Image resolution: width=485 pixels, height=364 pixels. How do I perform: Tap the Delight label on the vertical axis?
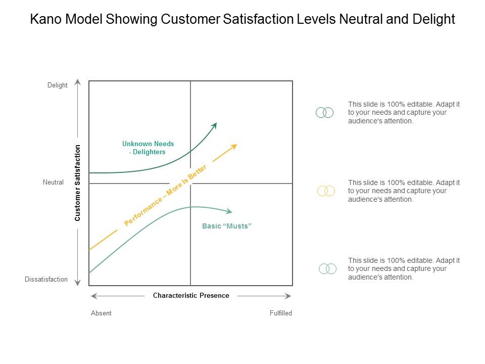click(x=58, y=85)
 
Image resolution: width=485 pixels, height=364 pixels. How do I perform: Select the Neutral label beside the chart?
click(x=53, y=183)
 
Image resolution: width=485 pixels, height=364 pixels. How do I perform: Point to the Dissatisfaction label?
click(x=46, y=279)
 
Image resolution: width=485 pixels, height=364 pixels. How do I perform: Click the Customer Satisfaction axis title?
click(x=78, y=183)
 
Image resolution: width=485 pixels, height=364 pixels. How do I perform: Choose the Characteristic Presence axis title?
click(x=191, y=296)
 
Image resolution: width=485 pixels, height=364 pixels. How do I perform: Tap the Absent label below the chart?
click(x=101, y=313)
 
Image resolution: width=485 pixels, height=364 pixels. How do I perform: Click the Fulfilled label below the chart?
click(x=281, y=313)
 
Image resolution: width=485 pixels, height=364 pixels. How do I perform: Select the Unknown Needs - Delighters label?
click(x=148, y=148)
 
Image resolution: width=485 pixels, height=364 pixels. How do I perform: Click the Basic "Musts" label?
click(x=226, y=226)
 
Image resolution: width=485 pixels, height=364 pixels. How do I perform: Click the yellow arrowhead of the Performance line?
click(x=234, y=146)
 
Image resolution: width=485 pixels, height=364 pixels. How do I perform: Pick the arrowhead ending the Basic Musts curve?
click(x=230, y=211)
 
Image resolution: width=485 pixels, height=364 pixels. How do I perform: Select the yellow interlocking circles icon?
click(x=326, y=191)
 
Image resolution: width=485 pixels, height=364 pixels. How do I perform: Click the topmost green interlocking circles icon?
click(x=324, y=113)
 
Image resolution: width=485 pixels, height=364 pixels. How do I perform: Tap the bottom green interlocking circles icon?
click(x=327, y=269)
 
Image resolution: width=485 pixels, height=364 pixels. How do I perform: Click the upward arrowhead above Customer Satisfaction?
click(x=77, y=81)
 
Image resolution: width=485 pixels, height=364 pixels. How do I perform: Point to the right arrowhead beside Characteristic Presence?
click(x=288, y=296)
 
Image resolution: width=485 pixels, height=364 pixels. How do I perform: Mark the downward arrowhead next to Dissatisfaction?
click(x=77, y=283)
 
